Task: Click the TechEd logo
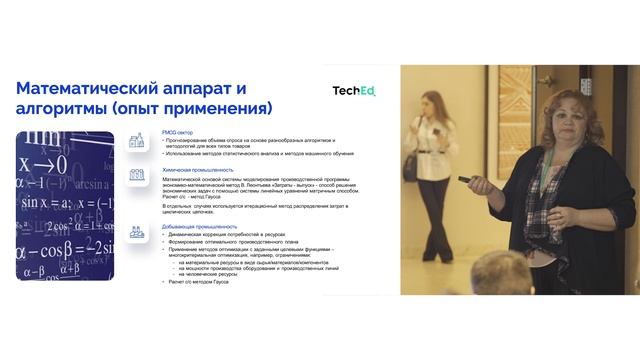[x=354, y=91]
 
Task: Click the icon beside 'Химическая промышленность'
[x=137, y=174]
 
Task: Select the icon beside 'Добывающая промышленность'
[x=137, y=231]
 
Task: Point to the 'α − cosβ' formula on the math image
[x=50, y=249]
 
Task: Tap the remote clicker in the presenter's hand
[x=468, y=180]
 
